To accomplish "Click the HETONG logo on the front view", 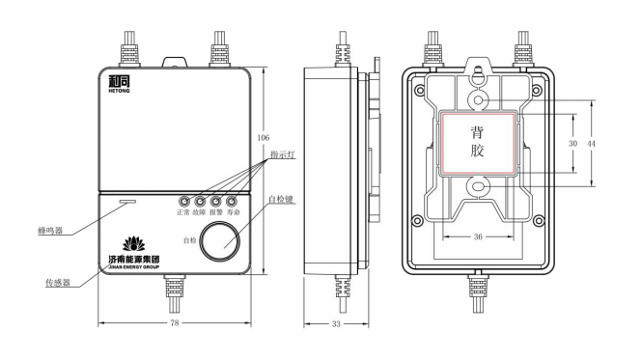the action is [119, 84].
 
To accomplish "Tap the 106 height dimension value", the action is [264, 137].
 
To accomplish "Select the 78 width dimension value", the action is [175, 323].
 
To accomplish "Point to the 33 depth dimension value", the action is [336, 324].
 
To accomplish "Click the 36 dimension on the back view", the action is [478, 236].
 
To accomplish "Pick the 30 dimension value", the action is [572, 144].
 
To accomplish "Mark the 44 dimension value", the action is [591, 144].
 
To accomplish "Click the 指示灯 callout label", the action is [283, 154].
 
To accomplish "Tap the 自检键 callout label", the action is [281, 200].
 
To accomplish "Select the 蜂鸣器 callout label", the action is [50, 231].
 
